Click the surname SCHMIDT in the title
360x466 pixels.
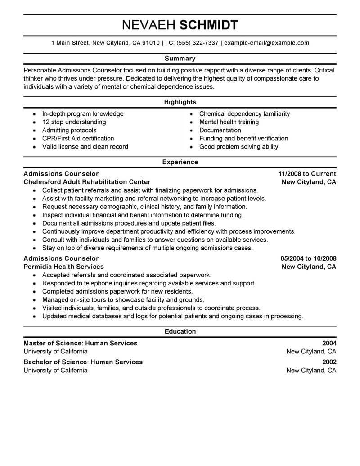209,25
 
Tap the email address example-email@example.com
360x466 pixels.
266,43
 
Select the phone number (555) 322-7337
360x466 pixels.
198,43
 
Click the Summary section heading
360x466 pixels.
180,59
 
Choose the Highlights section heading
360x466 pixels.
180,102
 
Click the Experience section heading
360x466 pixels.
180,162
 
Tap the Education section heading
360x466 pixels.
180,331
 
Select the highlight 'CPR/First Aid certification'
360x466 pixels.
78,139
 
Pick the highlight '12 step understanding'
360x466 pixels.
74,122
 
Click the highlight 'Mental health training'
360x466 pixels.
229,122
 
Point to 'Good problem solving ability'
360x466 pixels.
238,147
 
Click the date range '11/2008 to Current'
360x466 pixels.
307,174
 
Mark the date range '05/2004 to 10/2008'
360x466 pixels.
308,258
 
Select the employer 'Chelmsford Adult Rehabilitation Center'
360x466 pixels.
87,182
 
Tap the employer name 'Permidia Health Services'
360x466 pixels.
63,267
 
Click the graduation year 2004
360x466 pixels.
328,343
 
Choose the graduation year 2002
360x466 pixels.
328,362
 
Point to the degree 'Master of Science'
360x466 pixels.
52,343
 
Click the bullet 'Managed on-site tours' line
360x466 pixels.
123,300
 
